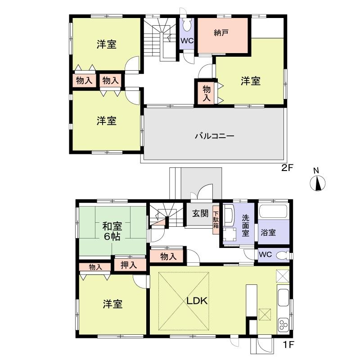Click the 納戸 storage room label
coord(220,32)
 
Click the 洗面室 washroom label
coord(246,225)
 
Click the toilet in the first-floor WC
coord(282,255)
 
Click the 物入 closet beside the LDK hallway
coord(167,256)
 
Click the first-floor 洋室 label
coord(112,305)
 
